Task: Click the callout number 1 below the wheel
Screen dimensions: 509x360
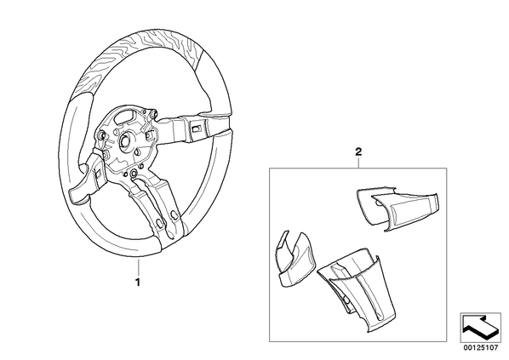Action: [138, 282]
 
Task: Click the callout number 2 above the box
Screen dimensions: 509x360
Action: [358, 151]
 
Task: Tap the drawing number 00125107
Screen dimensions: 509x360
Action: [480, 348]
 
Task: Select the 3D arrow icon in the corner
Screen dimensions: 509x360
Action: [480, 327]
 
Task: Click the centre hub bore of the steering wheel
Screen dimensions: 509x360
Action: [125, 141]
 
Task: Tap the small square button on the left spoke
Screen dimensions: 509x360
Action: [98, 174]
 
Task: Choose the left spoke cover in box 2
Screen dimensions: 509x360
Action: [295, 260]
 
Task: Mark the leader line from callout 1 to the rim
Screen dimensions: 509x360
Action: [138, 267]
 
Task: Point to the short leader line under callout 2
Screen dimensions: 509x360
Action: [358, 163]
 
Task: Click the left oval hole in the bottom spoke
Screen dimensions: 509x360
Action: [160, 223]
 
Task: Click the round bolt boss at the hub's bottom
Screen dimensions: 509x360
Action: [133, 174]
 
